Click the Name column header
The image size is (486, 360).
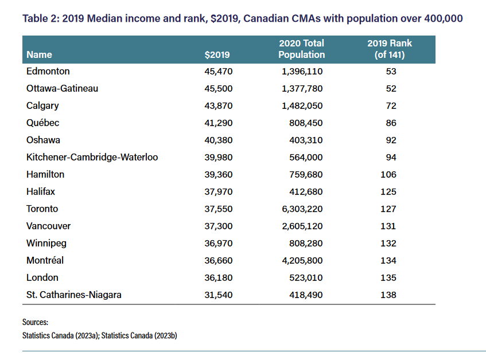pyautogui.click(x=39, y=55)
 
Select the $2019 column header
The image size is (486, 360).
pyautogui.click(x=217, y=55)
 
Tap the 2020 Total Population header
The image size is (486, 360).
pyautogui.click(x=301, y=49)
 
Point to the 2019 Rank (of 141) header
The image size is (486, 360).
pyautogui.click(x=390, y=49)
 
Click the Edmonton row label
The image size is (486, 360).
pyautogui.click(x=48, y=72)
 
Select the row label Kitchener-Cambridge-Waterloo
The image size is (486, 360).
pyautogui.click(x=92, y=158)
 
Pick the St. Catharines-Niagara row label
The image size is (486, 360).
pyautogui.click(x=74, y=295)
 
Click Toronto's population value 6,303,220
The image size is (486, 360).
pyautogui.click(x=302, y=209)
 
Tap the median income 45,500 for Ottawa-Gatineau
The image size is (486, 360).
pyautogui.click(x=217, y=89)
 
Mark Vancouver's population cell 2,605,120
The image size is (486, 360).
pyautogui.click(x=302, y=226)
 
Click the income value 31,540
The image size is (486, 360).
pyautogui.click(x=217, y=295)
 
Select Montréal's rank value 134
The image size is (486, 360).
pyautogui.click(x=388, y=261)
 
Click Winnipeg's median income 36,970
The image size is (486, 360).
pyautogui.click(x=217, y=244)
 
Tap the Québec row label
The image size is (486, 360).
pyautogui.click(x=43, y=123)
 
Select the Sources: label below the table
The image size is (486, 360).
pyautogui.click(x=35, y=322)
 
